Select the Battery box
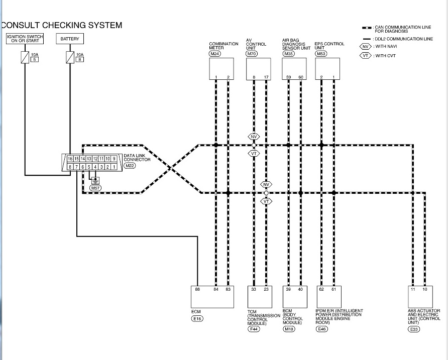pos(70,39)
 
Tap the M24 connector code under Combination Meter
pos(215,53)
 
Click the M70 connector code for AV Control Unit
pos(252,53)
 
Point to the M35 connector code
pos(288,53)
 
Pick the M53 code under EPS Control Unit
pos(321,53)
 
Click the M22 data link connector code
pos(130,166)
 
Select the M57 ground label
pos(95,188)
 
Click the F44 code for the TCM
pos(254,329)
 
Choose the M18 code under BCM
pos(289,329)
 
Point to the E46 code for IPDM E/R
pos(321,329)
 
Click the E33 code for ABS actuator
pos(414,329)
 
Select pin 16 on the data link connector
pos(70,158)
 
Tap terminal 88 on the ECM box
pos(197,289)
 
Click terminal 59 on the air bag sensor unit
pos(289,77)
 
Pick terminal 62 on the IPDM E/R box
pos(321,289)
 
